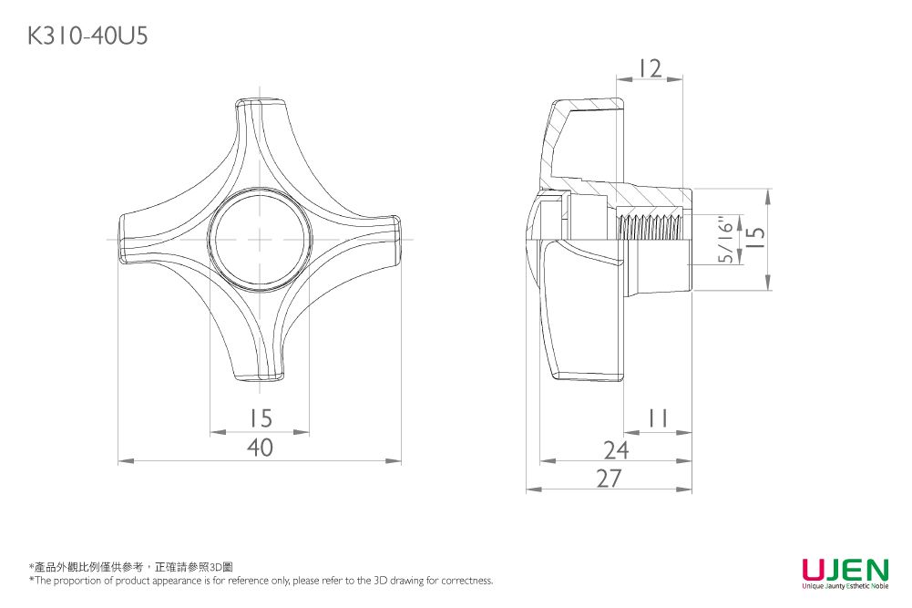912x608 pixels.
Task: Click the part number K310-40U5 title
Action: pos(87,36)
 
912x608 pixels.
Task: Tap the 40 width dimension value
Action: pos(260,448)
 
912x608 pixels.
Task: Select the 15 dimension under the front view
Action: pos(261,417)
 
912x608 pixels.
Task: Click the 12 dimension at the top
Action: pos(650,68)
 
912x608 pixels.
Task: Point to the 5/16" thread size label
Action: pos(726,240)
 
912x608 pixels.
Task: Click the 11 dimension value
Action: pos(658,417)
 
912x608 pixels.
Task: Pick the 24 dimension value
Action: pos(616,449)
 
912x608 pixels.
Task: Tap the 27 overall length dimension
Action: pos(609,479)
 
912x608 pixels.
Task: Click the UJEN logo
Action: pos(845,569)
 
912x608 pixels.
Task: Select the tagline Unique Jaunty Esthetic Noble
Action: pos(845,586)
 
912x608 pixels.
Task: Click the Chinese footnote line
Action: pos(131,567)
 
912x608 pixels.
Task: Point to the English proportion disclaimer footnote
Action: pos(261,580)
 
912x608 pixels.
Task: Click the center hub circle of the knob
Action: pos(260,239)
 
